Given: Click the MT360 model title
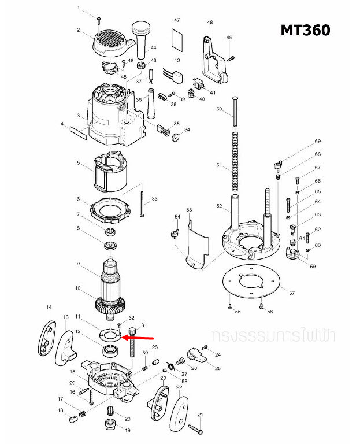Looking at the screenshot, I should [305, 29].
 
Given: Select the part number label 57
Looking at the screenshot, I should [292, 294].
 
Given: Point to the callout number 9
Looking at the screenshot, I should [78, 264].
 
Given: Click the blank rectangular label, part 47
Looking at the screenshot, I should [177, 40].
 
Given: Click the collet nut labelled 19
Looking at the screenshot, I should [110, 427].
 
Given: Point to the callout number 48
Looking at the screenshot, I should [210, 22].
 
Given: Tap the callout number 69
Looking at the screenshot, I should [317, 142].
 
